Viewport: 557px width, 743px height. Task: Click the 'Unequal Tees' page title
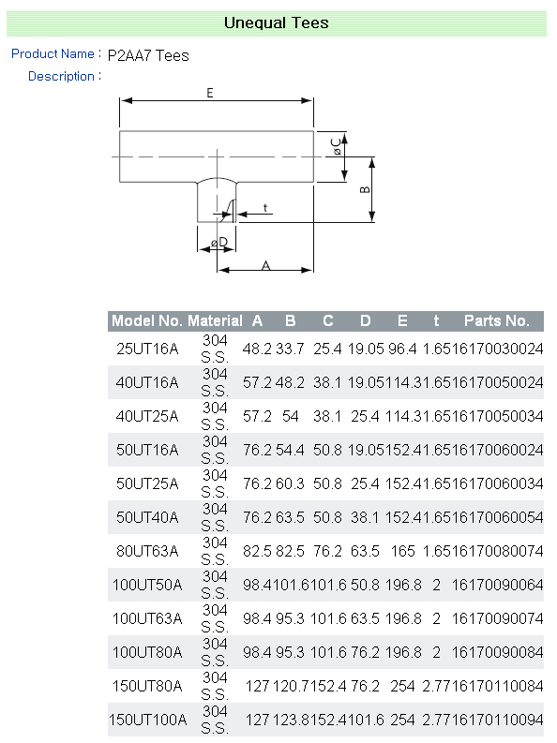click(x=277, y=22)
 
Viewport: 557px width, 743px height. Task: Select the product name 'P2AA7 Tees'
click(x=148, y=55)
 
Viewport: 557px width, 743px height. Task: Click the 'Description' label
click(x=61, y=76)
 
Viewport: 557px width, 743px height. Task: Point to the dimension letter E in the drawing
click(x=210, y=93)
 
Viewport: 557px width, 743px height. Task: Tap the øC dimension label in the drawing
click(x=337, y=146)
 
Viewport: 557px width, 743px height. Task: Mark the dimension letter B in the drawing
click(x=365, y=189)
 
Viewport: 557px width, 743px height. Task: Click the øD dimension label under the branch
click(x=219, y=243)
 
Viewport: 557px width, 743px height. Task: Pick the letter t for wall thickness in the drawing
click(x=265, y=208)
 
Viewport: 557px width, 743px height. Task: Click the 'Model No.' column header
click(x=147, y=320)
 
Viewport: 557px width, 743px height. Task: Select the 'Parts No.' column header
click(x=496, y=320)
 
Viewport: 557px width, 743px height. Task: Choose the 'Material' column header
click(x=216, y=320)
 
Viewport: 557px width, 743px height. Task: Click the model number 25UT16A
click(x=147, y=349)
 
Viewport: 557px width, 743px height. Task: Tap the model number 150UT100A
click(x=147, y=720)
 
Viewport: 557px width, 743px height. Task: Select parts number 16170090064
click(x=497, y=585)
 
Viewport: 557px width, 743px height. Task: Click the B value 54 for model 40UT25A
click(x=290, y=416)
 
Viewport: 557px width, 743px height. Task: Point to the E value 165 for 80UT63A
click(x=402, y=551)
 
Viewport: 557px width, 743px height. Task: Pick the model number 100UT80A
click(x=147, y=652)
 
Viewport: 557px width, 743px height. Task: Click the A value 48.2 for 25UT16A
click(x=257, y=349)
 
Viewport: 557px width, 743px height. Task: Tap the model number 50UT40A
click(x=147, y=517)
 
